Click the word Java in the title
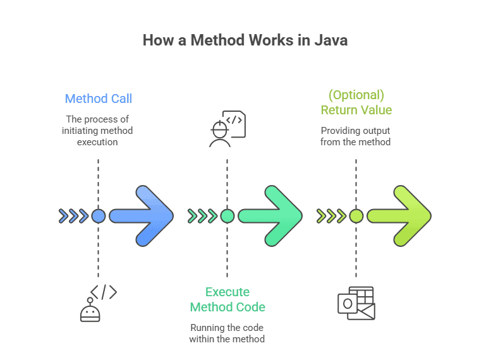click(330, 40)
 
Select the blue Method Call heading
click(98, 99)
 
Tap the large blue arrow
click(142, 216)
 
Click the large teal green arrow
click(271, 216)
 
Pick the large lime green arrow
click(399, 216)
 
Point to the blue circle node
click(98, 216)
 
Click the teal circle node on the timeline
click(227, 216)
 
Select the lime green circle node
click(356, 216)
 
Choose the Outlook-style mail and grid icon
click(356, 303)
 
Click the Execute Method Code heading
click(227, 299)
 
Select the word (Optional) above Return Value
click(356, 95)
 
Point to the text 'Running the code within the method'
click(227, 333)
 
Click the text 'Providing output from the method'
click(356, 136)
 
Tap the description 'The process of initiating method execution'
click(98, 131)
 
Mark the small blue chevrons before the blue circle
click(73, 216)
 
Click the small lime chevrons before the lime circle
click(330, 216)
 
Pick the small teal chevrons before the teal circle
click(202, 216)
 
